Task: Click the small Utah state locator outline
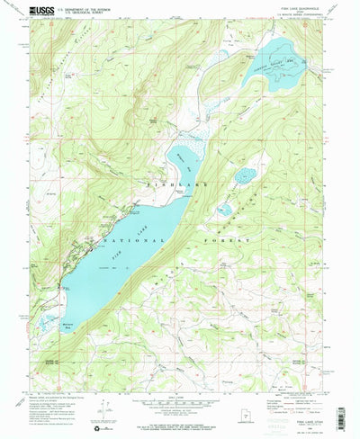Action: click(259, 411)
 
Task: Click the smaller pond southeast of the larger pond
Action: click(224, 211)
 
